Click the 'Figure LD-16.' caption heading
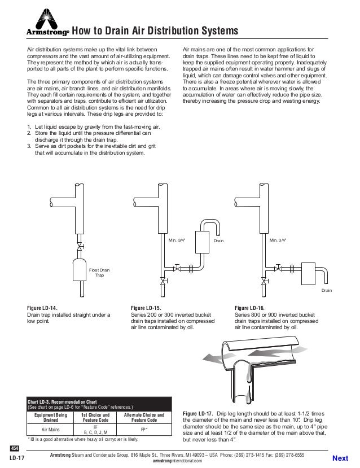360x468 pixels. [249, 308]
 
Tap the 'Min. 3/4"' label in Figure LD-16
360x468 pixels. [277, 240]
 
